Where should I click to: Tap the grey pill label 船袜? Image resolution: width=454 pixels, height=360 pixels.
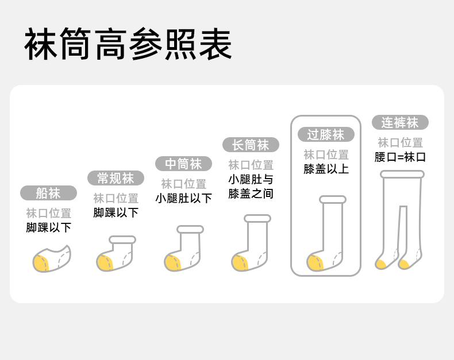click(48, 193)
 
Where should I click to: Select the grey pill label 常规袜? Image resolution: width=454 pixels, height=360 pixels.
click(116, 178)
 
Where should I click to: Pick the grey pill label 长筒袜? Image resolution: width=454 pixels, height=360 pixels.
click(251, 144)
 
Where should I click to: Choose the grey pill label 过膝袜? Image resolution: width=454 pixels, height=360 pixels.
click(326, 134)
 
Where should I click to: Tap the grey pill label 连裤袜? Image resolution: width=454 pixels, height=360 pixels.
click(400, 122)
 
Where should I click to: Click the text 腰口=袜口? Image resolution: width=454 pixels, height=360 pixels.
click(400, 157)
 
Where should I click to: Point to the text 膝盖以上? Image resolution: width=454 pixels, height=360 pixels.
click(326, 169)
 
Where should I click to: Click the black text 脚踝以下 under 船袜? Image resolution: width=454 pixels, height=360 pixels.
click(48, 227)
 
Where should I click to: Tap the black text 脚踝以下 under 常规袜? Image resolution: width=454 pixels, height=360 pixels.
click(116, 212)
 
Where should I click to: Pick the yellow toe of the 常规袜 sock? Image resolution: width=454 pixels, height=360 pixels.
click(105, 262)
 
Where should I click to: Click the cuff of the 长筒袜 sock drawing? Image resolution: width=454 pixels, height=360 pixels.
click(257, 218)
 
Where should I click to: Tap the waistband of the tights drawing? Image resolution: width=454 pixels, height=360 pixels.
click(402, 174)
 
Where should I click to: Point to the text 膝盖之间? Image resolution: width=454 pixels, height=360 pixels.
click(251, 193)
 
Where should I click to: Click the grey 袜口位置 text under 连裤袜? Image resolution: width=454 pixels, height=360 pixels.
click(400, 142)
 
